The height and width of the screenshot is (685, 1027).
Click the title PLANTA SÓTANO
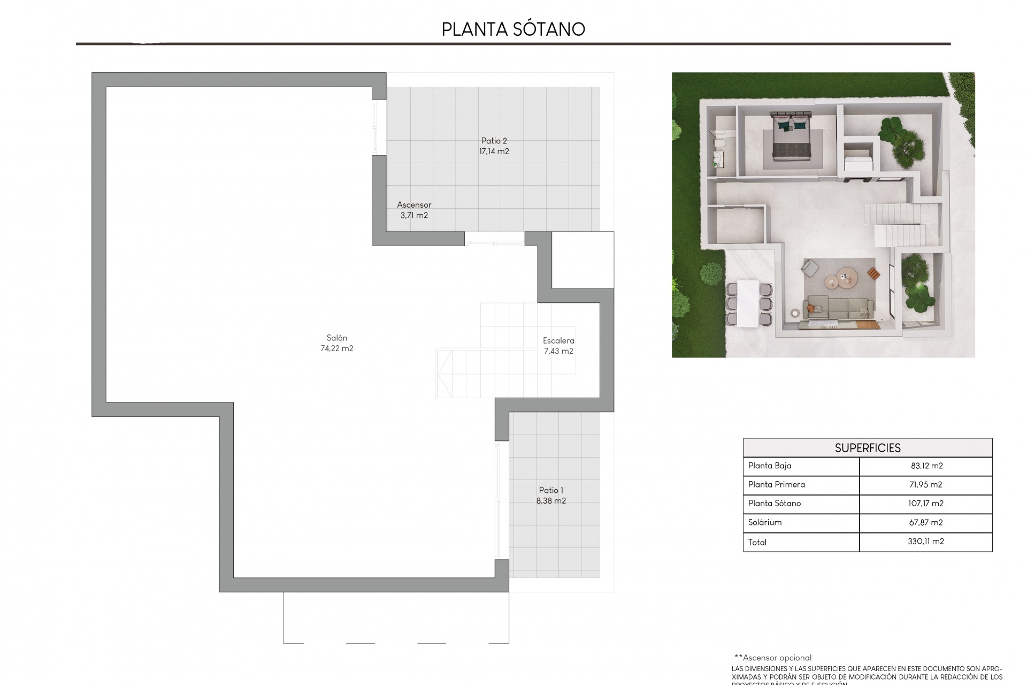click(x=513, y=29)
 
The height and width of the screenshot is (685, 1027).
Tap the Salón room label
click(x=337, y=338)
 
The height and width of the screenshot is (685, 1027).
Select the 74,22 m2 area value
click(x=337, y=348)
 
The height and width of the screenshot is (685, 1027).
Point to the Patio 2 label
click(x=494, y=141)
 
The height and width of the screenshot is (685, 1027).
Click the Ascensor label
click(x=414, y=204)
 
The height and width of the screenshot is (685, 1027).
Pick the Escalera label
click(x=558, y=340)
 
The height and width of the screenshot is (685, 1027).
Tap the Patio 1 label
click(x=551, y=490)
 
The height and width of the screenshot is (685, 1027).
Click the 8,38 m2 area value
click(x=551, y=501)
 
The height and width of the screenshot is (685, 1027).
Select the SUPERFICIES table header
click(x=868, y=448)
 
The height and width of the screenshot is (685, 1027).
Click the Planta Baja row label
click(x=770, y=466)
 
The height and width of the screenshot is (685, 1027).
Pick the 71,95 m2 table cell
click(x=926, y=484)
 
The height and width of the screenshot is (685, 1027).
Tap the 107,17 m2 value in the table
click(x=926, y=503)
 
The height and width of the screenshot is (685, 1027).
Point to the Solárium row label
click(x=765, y=522)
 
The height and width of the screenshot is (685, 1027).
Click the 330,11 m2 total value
click(x=926, y=542)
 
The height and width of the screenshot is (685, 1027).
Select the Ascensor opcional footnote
click(x=773, y=658)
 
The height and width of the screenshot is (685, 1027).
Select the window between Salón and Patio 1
click(x=498, y=500)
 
